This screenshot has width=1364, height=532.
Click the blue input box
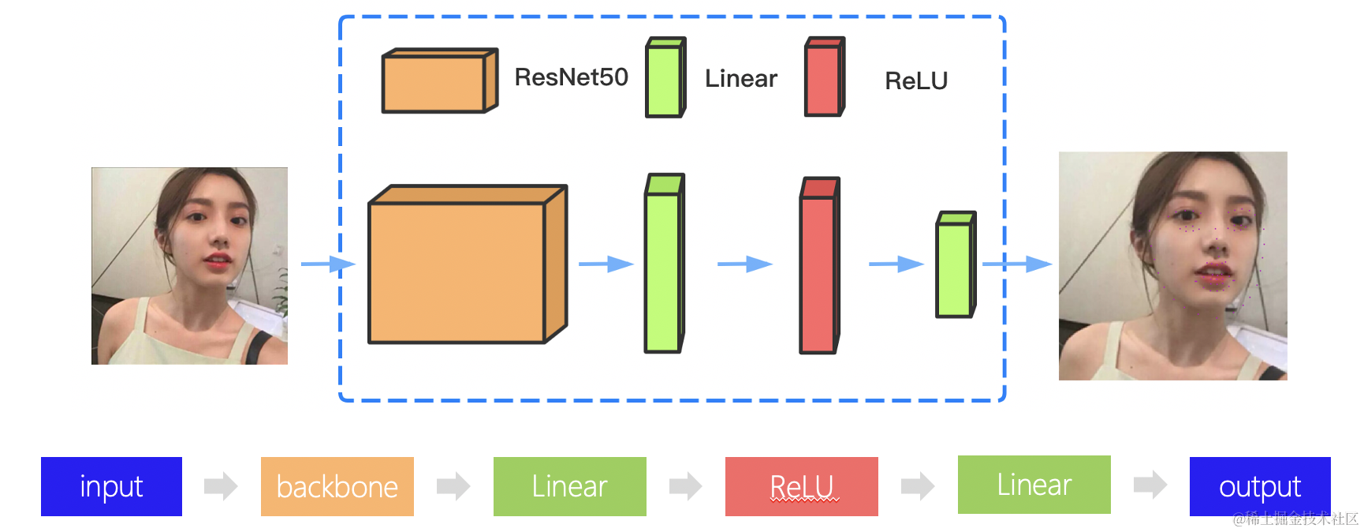point(111,486)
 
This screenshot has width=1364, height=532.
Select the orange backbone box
point(337,486)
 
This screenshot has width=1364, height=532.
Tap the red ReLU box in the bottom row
point(801,486)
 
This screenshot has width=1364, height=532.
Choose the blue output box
point(1259,486)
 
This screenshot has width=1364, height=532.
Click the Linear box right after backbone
point(569,486)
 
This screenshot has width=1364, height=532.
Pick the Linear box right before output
point(1034,485)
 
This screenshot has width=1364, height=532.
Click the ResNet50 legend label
point(571,77)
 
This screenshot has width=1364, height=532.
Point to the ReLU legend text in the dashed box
point(915,81)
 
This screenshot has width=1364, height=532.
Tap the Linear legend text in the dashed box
point(740,79)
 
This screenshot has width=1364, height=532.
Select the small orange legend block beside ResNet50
point(438,81)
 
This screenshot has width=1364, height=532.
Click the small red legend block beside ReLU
point(824,78)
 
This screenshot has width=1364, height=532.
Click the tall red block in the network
point(818,267)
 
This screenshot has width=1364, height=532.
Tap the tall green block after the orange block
point(664,265)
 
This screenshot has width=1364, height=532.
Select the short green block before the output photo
point(955,266)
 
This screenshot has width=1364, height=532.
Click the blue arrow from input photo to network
point(327,264)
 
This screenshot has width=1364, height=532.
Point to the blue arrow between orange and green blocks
point(606,264)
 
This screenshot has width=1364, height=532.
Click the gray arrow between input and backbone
point(220,486)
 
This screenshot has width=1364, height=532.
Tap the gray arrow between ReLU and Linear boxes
point(917,486)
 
